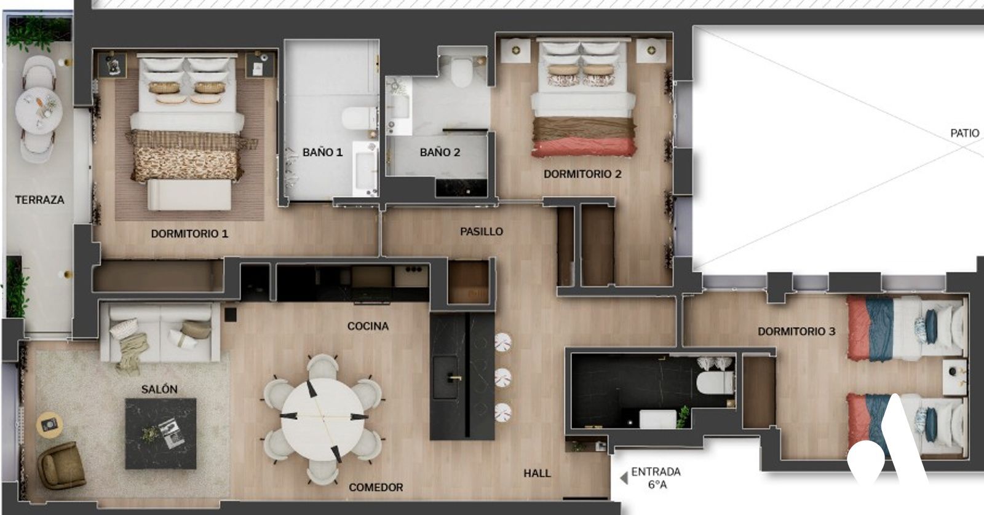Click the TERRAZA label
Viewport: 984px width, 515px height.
(39, 200)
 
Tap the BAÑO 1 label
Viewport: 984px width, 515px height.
(322, 152)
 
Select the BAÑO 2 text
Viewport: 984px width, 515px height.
(440, 152)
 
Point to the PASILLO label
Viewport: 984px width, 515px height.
(482, 231)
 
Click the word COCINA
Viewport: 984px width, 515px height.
(368, 326)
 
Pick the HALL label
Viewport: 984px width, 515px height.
(537, 473)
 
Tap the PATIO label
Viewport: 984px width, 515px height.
(965, 133)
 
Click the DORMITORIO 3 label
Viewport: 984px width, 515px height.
(796, 331)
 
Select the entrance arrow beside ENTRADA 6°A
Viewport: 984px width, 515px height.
(624, 478)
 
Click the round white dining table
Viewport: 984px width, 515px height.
(323, 419)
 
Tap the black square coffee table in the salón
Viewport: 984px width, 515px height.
(161, 433)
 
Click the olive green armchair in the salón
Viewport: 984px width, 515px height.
(61, 465)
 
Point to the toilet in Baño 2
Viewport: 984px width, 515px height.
(461, 73)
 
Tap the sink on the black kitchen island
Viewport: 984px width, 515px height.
(446, 377)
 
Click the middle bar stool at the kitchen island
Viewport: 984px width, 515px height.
(503, 377)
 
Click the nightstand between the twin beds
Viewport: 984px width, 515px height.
(954, 377)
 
